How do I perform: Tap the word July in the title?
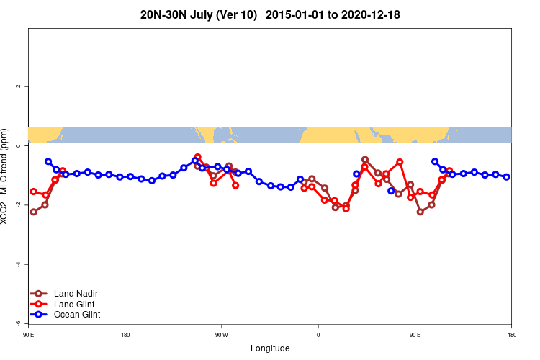coord(203,15)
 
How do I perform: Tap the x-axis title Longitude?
coord(270,348)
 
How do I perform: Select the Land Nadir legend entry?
coord(76,294)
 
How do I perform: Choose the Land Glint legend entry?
coord(75,304)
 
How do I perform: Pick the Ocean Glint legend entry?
coord(77,315)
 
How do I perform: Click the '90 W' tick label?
coord(221,335)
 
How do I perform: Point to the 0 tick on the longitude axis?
coord(318,335)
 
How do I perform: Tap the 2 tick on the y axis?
coord(18,86)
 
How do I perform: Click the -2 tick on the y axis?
coord(18,205)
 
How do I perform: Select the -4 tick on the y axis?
coord(18,264)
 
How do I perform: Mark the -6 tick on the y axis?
coord(18,323)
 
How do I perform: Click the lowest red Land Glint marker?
coord(346,209)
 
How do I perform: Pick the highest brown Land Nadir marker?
coord(365,160)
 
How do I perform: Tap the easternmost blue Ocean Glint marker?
coord(507,176)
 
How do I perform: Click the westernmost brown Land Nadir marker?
coord(34,212)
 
